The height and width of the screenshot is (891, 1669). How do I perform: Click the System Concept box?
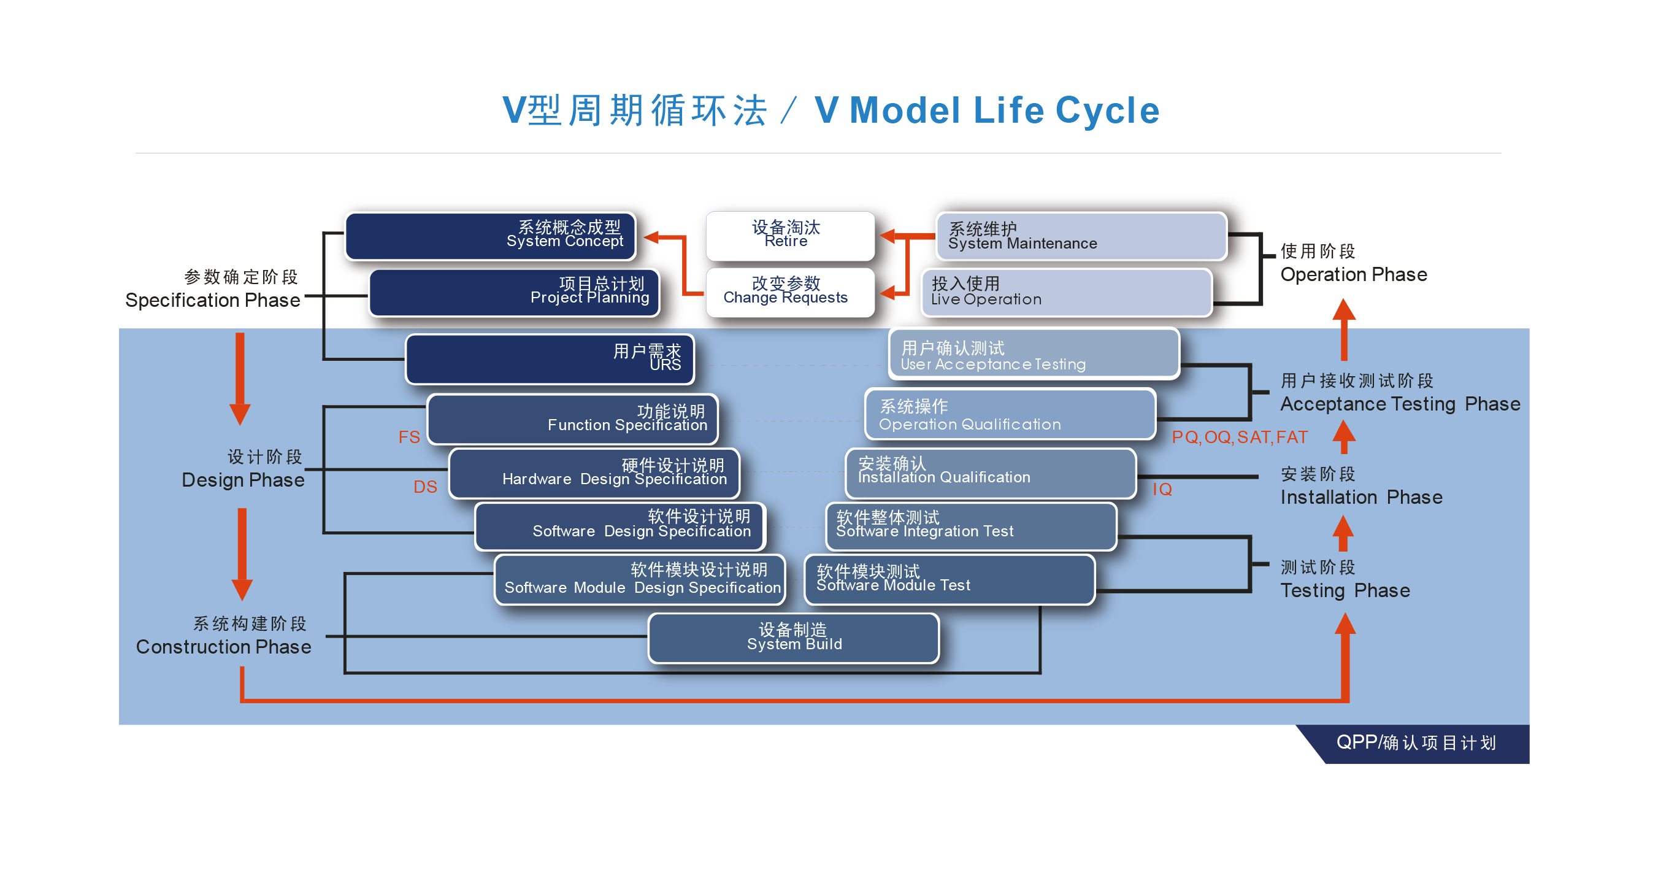(490, 236)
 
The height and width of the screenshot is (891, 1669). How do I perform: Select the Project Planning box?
(514, 293)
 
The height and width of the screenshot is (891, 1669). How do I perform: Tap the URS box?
(550, 359)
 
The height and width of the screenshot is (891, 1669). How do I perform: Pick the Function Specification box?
(572, 419)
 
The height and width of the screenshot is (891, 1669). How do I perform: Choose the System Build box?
(793, 638)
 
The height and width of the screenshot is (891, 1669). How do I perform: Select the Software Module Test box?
(949, 579)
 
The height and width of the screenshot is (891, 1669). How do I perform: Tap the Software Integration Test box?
(970, 525)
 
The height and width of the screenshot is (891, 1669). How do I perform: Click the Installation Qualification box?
(990, 473)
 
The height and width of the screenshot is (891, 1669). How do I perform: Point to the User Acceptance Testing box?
(1034, 354)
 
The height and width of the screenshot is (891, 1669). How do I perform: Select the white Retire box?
(790, 236)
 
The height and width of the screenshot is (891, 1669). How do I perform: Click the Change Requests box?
(790, 292)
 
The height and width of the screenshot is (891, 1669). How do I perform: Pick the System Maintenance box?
(1081, 236)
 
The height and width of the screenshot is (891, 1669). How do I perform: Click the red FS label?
(409, 438)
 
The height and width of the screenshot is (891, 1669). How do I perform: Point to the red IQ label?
(1162, 489)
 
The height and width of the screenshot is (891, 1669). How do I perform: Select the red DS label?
(425, 487)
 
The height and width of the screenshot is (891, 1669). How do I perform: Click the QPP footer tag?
(1416, 742)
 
